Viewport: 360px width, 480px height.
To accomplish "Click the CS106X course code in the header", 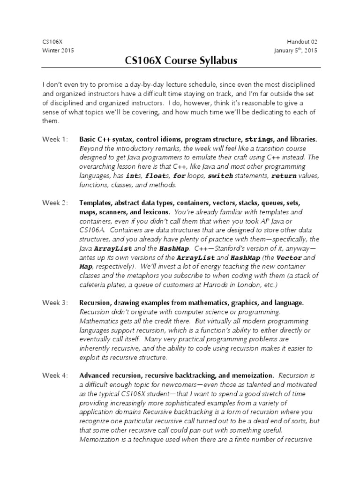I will tap(50, 42).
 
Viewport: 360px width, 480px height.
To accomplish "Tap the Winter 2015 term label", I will tap(58, 51).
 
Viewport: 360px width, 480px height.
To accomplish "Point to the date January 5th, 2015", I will tap(296, 51).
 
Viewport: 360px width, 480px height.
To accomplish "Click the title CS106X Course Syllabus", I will tap(181, 61).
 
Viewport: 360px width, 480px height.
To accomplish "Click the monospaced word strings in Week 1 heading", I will tap(258, 140).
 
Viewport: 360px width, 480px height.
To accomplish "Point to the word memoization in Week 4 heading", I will tap(252, 375).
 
